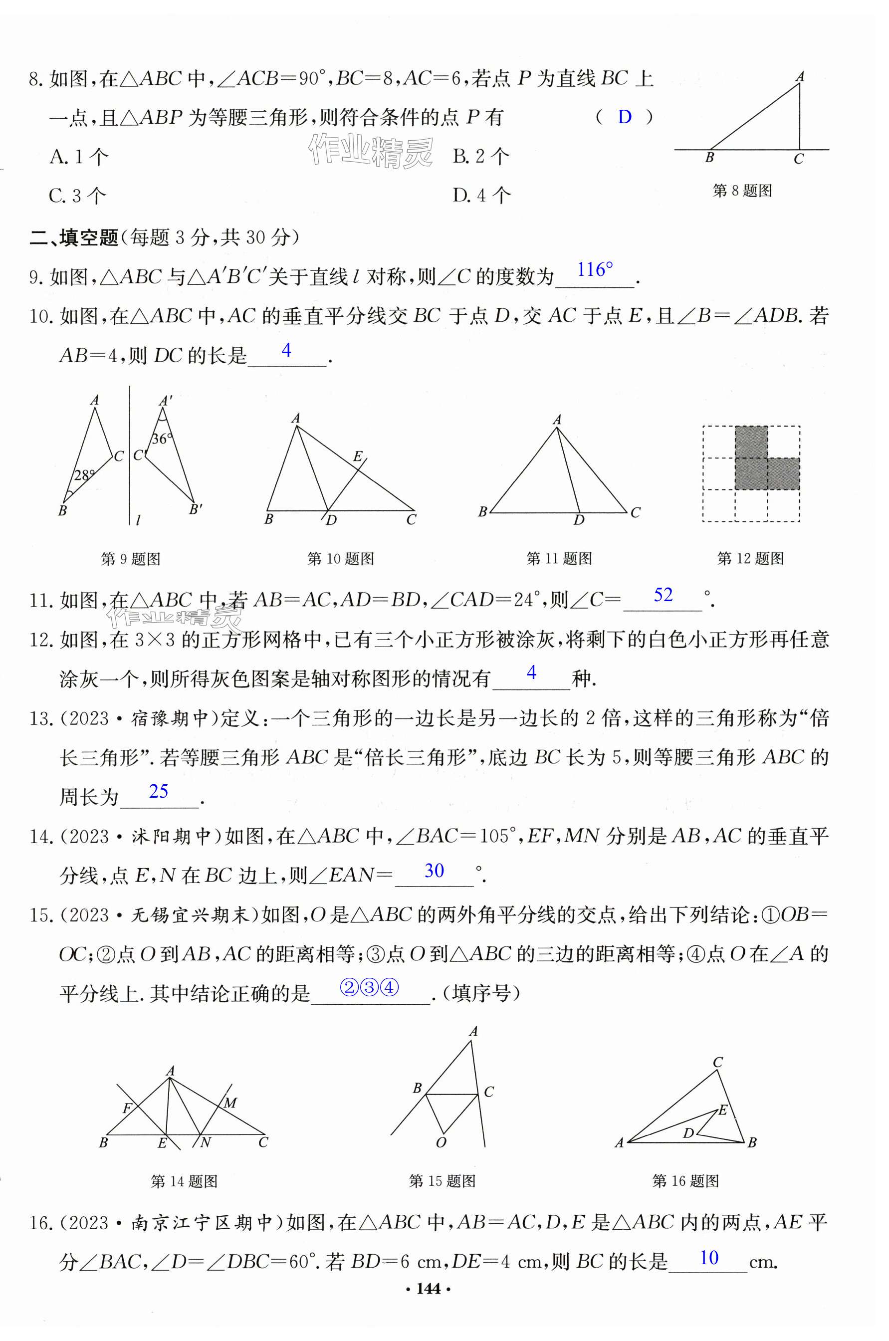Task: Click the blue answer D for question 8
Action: pos(624,117)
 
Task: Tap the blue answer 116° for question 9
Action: pos(595,270)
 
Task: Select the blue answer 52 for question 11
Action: pos(663,595)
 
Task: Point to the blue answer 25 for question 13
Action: pos(158,791)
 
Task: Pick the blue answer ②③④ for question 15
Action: pos(369,988)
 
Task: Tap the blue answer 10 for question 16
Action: pos(709,1258)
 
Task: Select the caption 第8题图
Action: pos(742,191)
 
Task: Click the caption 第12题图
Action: pos(750,559)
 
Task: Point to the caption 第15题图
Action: pos(442,1181)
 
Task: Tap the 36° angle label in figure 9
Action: pos(162,439)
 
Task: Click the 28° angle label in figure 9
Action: pos(84,475)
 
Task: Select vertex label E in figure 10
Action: pos(357,456)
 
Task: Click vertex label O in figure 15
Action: pos(441,1142)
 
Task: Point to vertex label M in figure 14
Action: pos(229,1103)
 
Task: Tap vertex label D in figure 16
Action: pos(688,1133)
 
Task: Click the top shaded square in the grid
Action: pos(751,442)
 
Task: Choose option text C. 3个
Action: pos(78,196)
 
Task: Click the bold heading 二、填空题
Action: pos(74,237)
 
